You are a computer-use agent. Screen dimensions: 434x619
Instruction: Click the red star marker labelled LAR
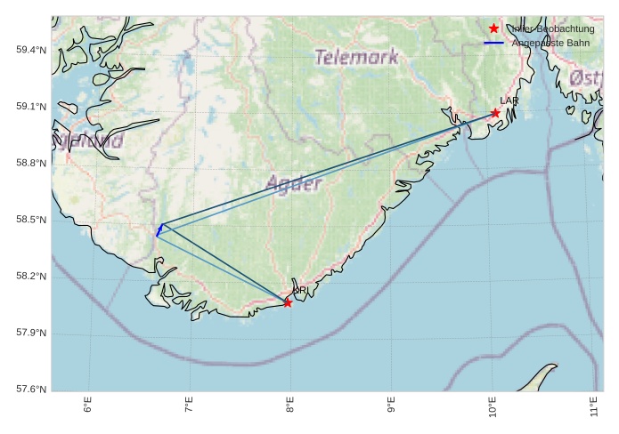(x=495, y=113)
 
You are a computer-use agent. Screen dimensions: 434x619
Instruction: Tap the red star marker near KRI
(x=288, y=303)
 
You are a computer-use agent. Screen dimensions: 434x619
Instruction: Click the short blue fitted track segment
(x=159, y=229)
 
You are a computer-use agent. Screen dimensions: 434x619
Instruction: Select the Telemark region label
(x=356, y=58)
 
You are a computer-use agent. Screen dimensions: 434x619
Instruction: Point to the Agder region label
(x=293, y=184)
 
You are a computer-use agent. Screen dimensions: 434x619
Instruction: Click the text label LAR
(x=509, y=101)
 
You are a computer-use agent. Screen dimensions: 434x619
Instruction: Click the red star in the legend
(x=494, y=28)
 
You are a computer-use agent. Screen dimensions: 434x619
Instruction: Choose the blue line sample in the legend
(x=494, y=43)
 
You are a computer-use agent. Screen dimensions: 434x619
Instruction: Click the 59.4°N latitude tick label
(x=30, y=50)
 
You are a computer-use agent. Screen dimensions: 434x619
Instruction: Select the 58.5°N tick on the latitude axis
(x=30, y=220)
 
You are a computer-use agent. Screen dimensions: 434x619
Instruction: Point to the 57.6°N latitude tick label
(x=30, y=390)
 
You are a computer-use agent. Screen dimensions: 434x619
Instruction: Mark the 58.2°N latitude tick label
(x=30, y=277)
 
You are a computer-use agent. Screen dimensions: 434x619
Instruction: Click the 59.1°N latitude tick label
(x=30, y=107)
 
